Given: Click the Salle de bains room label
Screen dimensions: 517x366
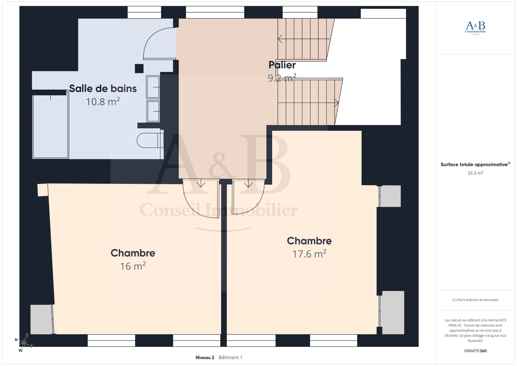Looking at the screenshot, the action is [x=103, y=88].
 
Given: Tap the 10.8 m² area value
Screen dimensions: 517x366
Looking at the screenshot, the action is [x=103, y=102].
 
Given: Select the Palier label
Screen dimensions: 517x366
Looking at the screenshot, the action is [x=282, y=65].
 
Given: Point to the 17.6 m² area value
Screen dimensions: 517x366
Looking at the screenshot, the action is [x=309, y=254].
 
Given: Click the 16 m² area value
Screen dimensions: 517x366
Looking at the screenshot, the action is [x=133, y=266].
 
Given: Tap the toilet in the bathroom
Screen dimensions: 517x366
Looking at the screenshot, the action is [x=150, y=140].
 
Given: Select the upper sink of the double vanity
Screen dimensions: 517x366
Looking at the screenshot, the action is [x=153, y=87].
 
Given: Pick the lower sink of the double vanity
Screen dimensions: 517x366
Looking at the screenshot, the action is [x=153, y=111].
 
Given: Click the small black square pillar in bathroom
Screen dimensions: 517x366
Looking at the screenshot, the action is [x=139, y=68].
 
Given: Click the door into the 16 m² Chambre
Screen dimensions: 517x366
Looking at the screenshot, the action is [x=201, y=198].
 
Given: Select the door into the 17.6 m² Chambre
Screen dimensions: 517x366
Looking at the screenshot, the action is [x=248, y=197].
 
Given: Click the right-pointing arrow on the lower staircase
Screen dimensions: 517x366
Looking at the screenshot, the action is [x=308, y=103].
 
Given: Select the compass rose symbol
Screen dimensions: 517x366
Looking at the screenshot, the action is [x=24, y=343].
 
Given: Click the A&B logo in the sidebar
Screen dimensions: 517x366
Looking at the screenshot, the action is [x=475, y=28].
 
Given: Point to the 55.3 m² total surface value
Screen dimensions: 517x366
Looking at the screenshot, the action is [x=475, y=173].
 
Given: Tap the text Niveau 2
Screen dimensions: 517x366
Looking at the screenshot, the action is [x=205, y=357].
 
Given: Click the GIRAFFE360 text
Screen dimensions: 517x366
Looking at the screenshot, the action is [x=475, y=351].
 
